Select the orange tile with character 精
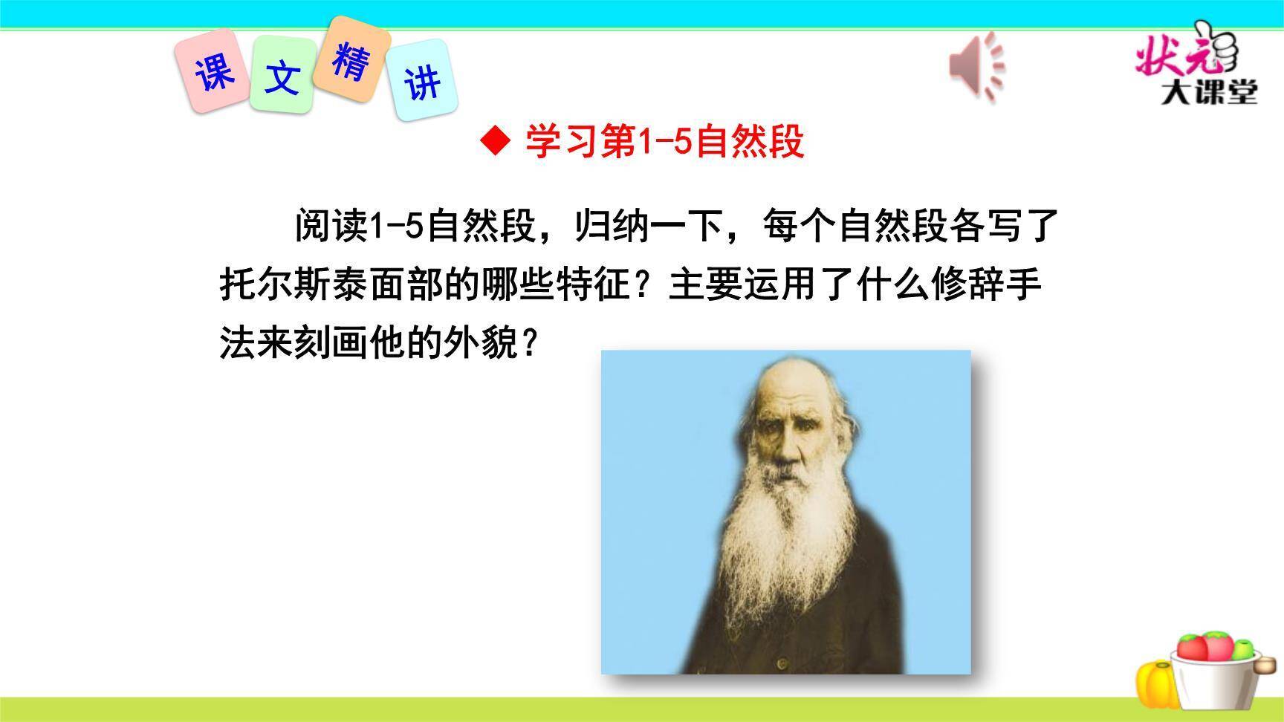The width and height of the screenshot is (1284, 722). (x=351, y=59)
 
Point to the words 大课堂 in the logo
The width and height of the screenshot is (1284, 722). (x=1210, y=93)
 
